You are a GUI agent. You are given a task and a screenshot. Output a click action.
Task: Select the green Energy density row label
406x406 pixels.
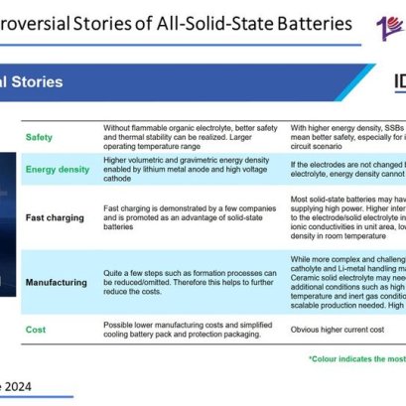56,169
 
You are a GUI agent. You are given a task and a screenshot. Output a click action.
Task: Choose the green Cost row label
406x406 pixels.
35,330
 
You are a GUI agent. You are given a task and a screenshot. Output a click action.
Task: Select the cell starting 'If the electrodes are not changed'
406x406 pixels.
347,169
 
